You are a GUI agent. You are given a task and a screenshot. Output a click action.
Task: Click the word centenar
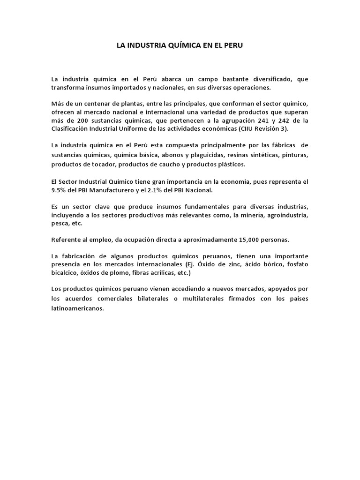[x=94, y=103]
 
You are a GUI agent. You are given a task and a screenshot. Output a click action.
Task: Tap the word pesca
[x=59, y=224]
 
